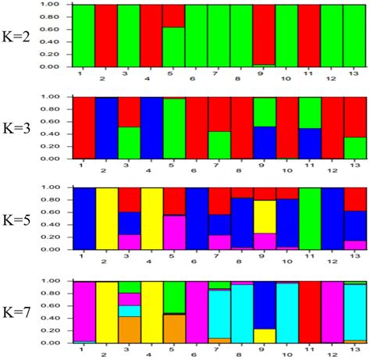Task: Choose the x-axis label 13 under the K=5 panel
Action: (357, 258)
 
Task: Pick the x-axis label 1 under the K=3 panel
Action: (81, 166)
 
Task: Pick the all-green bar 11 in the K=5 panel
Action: (310, 219)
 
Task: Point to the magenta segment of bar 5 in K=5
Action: (174, 233)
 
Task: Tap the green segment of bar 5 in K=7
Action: (174, 297)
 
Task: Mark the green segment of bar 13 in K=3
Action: (355, 148)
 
